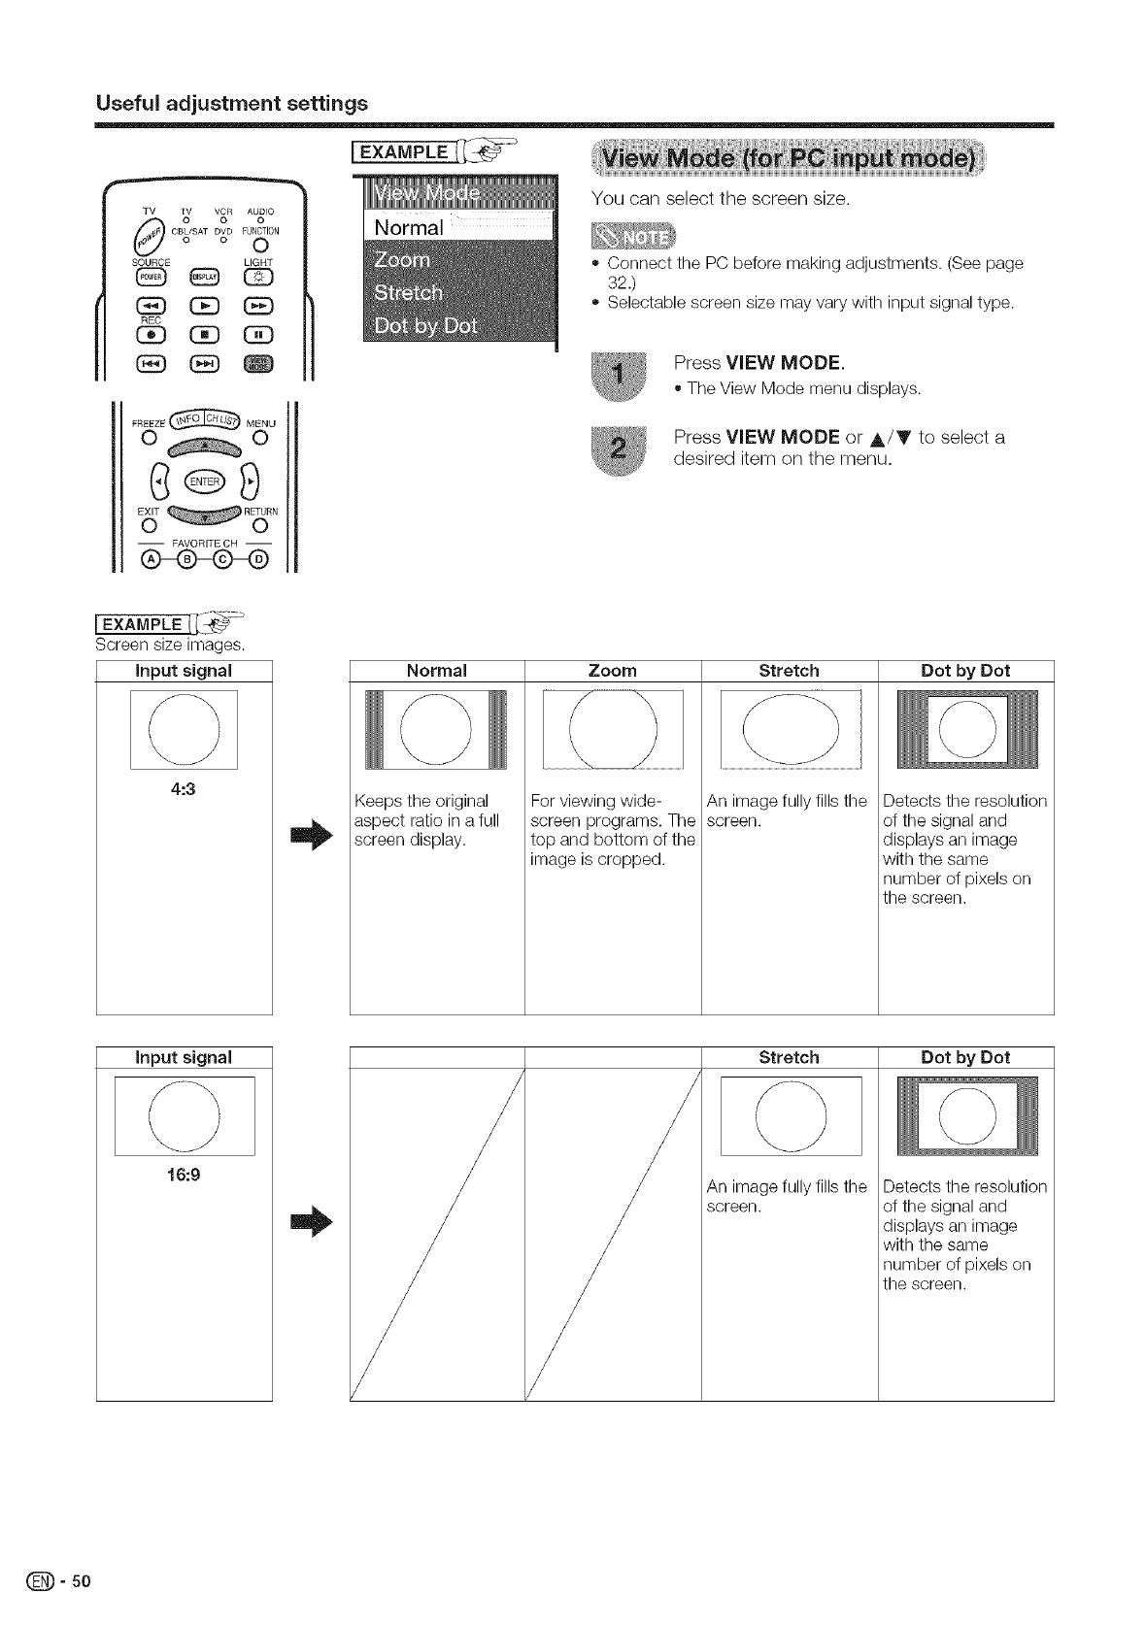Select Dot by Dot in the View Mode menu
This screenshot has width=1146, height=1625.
425,325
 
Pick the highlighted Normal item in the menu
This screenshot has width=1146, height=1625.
409,228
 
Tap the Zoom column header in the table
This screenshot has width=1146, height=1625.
613,671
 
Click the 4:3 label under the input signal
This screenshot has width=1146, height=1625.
183,788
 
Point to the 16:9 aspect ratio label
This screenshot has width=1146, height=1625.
183,1174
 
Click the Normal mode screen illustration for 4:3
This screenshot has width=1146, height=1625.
436,729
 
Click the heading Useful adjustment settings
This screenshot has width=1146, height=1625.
231,103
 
